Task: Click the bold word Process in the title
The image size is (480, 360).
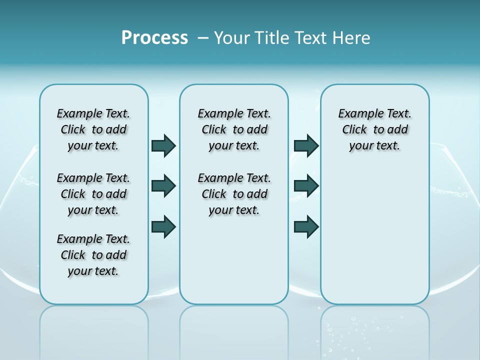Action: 154,37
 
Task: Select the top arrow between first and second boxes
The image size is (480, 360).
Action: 163,145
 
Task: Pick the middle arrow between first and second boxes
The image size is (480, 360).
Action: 163,186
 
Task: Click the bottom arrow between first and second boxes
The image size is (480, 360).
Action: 163,226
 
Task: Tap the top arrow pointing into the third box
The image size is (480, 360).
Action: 306,145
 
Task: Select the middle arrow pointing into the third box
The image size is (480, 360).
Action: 306,186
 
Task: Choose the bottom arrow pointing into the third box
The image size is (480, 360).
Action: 306,227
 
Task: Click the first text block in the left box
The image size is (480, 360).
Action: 93,129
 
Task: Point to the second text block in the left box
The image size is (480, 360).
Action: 93,194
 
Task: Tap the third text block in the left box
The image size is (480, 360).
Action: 93,255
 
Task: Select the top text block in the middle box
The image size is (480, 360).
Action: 234,129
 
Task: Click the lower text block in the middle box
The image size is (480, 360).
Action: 234,194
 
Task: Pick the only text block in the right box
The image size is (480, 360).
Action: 374,129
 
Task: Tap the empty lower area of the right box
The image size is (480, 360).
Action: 374,235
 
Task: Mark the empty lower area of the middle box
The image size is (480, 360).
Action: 234,260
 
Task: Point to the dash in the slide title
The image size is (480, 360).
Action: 203,37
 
